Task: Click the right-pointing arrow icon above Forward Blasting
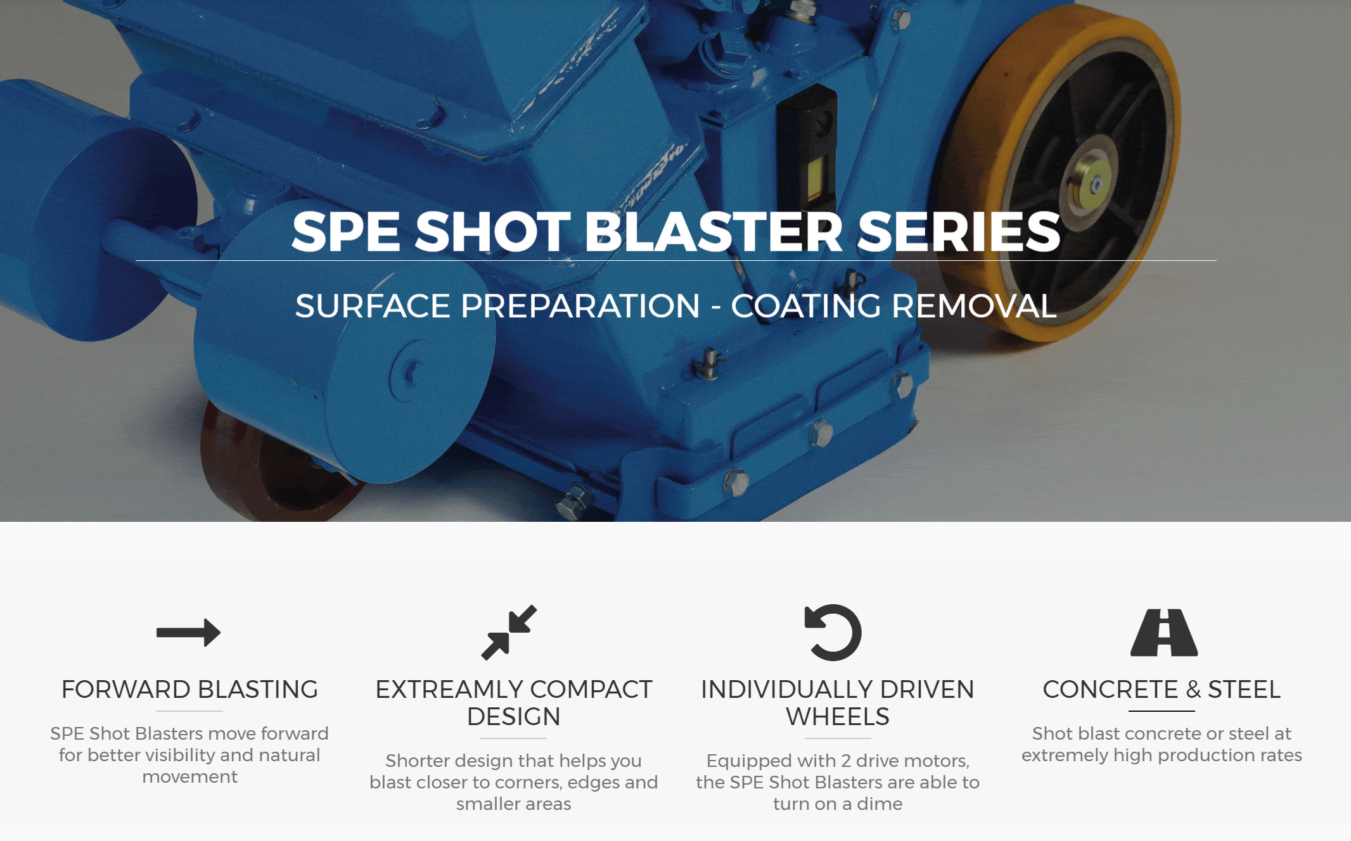click(188, 632)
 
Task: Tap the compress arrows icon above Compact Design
click(509, 632)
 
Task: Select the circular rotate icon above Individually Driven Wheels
click(833, 632)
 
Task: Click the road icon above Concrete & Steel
click(1164, 632)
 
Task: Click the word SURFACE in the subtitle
click(373, 306)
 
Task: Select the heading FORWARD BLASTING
click(189, 689)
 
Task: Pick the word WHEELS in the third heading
click(838, 716)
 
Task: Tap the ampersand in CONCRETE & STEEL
click(1193, 689)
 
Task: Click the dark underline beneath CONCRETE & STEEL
click(1162, 711)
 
